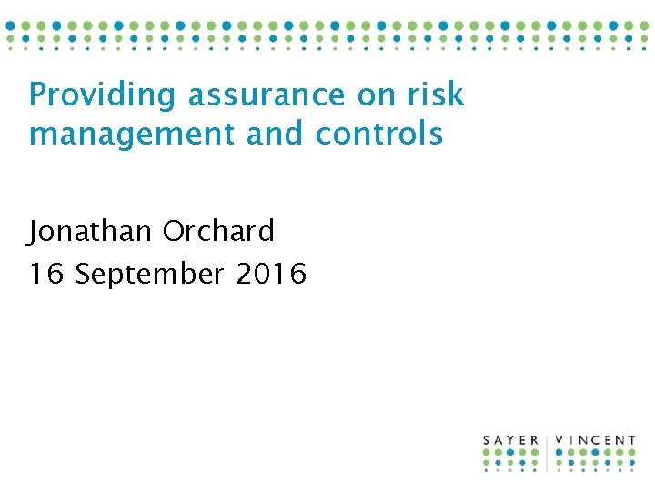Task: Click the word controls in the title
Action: [x=379, y=134]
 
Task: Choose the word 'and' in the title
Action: [x=277, y=134]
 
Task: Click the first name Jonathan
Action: [x=90, y=232]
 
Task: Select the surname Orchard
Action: [x=218, y=232]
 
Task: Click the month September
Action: [x=149, y=274]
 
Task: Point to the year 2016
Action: [x=271, y=273]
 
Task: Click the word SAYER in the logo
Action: [x=511, y=441]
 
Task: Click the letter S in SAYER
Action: [x=487, y=441]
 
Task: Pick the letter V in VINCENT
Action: [x=559, y=441]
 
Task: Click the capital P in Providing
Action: [x=37, y=95]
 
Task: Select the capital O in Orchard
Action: [x=174, y=232]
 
